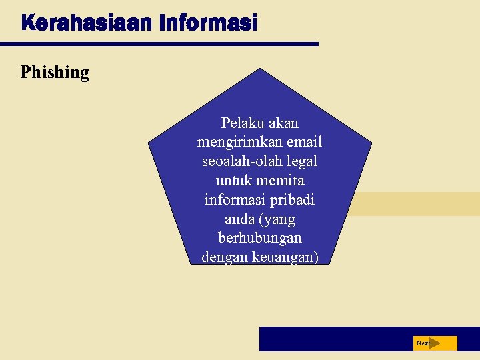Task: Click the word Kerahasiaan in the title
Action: coord(87,23)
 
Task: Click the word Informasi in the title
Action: coord(208,23)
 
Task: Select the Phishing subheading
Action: coord(55,72)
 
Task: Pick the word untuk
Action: coord(233,181)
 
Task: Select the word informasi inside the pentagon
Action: coord(233,200)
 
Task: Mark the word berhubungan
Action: coord(260,238)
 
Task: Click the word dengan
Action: coord(225,257)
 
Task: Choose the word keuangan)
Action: coord(285,257)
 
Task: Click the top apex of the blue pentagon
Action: coord(259,69)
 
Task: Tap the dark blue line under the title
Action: coord(159,44)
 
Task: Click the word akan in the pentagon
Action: coord(283,123)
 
